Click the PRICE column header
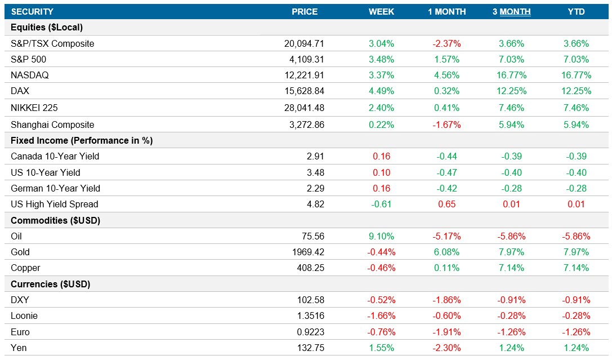[x=304, y=11]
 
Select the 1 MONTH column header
[x=446, y=11]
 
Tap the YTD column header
[x=576, y=11]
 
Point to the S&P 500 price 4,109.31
[x=305, y=59]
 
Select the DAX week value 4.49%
[x=381, y=91]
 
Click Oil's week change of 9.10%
[x=381, y=236]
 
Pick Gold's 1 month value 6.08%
[x=446, y=252]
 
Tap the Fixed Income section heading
[x=82, y=140]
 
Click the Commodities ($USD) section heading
[x=55, y=220]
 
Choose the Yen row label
[x=19, y=348]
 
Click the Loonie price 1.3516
[x=310, y=316]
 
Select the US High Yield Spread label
[x=54, y=204]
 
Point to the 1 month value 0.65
[x=446, y=204]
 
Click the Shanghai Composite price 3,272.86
[x=305, y=125]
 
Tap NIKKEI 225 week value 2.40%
[x=381, y=108]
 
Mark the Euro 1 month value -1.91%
[x=446, y=332]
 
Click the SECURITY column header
[x=32, y=11]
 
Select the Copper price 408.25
[x=310, y=268]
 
